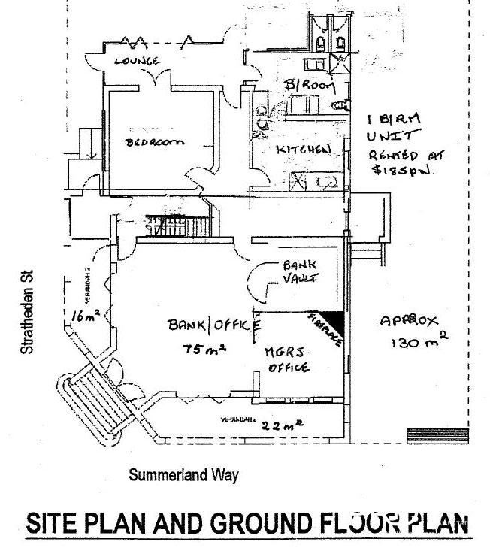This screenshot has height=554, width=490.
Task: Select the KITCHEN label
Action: [x=304, y=150]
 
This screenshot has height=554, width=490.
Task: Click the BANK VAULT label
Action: [x=300, y=271]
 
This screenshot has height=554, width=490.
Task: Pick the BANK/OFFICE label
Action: [x=214, y=325]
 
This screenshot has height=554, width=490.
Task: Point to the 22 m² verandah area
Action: [x=283, y=425]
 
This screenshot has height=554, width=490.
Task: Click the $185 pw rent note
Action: [x=398, y=172]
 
